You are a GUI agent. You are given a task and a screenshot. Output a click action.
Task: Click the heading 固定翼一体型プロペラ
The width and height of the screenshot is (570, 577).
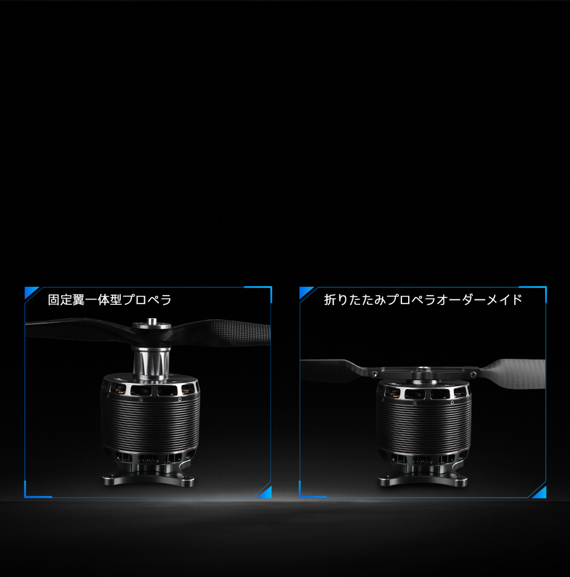[109, 300]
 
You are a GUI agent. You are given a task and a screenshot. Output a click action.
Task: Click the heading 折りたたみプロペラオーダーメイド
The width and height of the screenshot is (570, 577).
[423, 299]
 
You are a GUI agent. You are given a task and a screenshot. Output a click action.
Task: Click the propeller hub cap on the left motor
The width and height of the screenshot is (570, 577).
[152, 324]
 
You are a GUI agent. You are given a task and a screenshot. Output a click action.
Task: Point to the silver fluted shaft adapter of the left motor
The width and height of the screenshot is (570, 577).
[152, 362]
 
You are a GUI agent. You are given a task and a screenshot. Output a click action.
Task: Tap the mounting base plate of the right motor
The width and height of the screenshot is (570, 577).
[423, 478]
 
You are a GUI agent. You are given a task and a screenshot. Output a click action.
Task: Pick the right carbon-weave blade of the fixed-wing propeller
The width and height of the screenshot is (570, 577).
[221, 332]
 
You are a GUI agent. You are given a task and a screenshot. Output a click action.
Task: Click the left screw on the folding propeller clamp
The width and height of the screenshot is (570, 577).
[375, 374]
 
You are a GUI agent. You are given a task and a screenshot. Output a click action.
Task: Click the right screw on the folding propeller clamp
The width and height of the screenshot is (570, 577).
[474, 375]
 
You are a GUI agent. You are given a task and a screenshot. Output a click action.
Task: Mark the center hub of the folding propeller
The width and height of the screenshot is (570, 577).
[423, 372]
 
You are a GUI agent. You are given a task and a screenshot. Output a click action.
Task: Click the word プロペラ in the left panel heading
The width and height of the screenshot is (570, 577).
[147, 300]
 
